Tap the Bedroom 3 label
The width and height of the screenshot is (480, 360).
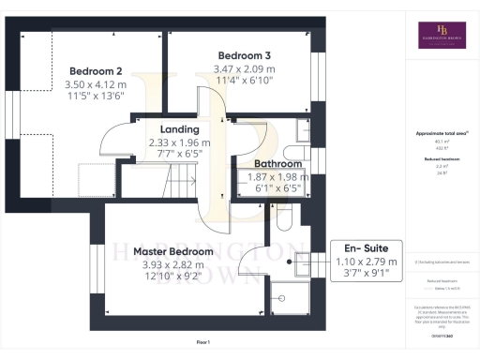(244, 55)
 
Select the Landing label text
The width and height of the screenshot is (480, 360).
(179, 129)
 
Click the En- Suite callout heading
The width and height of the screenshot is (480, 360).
(369, 248)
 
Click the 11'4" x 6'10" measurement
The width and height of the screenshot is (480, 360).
(244, 82)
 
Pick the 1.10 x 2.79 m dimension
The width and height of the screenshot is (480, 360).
(369, 262)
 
